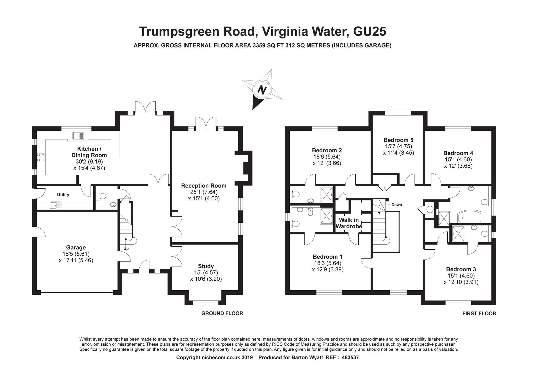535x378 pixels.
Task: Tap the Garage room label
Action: click(x=76, y=248)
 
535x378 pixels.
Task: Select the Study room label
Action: click(x=206, y=266)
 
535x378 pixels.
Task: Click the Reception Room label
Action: click(x=204, y=186)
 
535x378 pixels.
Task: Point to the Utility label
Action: click(x=63, y=195)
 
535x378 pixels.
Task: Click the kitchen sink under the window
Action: click(x=78, y=136)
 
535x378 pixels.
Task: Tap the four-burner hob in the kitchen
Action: click(x=41, y=157)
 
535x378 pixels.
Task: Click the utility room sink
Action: click(x=55, y=205)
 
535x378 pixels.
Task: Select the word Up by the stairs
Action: click(x=126, y=249)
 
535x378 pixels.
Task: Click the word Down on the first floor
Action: click(x=397, y=205)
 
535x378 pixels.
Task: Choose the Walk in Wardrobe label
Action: click(x=349, y=223)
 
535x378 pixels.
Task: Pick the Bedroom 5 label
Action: click(x=398, y=140)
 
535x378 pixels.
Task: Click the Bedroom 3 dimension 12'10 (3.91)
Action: click(x=461, y=282)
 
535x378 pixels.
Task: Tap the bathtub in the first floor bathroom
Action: click(x=470, y=217)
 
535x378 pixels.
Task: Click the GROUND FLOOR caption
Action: click(x=222, y=313)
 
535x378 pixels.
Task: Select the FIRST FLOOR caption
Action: click(x=479, y=314)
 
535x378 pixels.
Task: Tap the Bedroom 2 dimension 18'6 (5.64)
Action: click(x=327, y=157)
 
